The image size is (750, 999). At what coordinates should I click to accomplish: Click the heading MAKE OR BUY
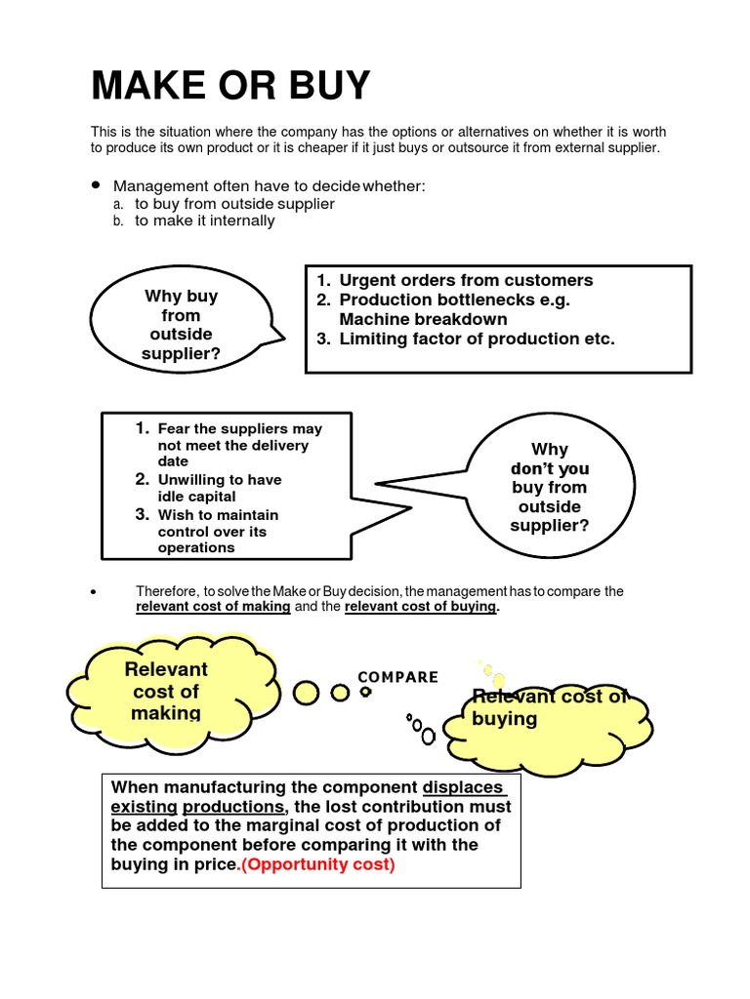click(x=230, y=88)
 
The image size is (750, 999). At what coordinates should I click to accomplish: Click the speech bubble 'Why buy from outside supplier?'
click(x=182, y=325)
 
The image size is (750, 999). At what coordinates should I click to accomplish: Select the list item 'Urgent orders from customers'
click(x=465, y=280)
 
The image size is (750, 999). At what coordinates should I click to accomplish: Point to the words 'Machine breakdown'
click(x=423, y=319)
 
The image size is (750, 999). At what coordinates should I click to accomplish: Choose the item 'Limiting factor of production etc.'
click(x=477, y=339)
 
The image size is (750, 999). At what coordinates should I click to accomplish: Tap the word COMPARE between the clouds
click(x=398, y=677)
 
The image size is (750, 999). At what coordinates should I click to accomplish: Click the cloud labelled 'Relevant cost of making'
click(x=166, y=691)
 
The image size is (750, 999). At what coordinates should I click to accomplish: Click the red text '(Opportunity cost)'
click(x=317, y=865)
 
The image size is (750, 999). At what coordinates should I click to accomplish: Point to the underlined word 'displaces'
click(x=464, y=787)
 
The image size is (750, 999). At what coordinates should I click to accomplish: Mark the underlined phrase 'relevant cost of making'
click(x=213, y=607)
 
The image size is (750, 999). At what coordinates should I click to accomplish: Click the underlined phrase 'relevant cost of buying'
click(x=421, y=607)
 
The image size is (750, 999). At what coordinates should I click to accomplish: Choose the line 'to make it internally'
click(x=204, y=220)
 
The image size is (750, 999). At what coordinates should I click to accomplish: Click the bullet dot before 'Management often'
click(x=96, y=185)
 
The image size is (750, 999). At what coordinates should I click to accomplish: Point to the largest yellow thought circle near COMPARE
click(x=308, y=693)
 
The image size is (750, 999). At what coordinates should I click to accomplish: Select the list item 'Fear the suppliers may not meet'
click(x=239, y=445)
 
